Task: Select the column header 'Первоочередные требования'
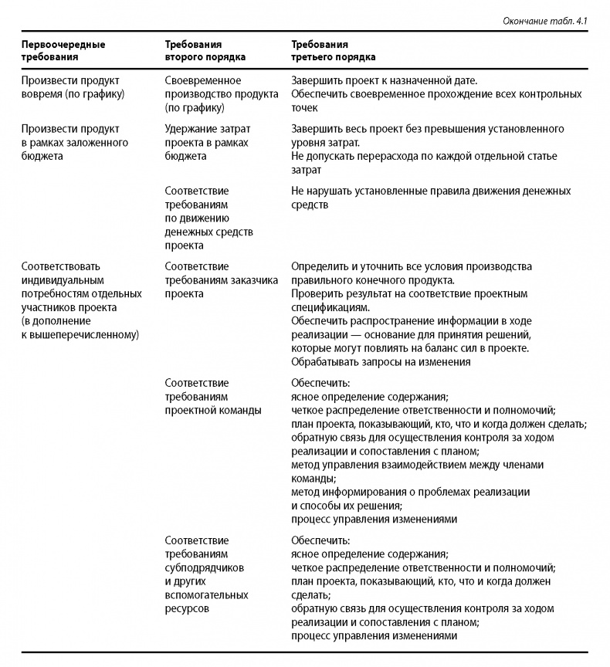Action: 63,50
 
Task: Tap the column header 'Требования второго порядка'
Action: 205,50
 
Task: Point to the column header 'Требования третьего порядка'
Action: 334,50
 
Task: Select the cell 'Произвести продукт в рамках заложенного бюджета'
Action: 74,141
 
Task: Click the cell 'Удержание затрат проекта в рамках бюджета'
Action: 207,141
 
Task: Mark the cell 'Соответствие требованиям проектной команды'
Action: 213,396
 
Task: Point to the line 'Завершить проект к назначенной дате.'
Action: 384,80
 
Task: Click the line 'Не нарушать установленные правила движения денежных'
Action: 430,190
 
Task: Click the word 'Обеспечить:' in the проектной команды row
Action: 320,382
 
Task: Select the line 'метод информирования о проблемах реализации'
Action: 410,492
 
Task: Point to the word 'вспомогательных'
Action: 206,595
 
